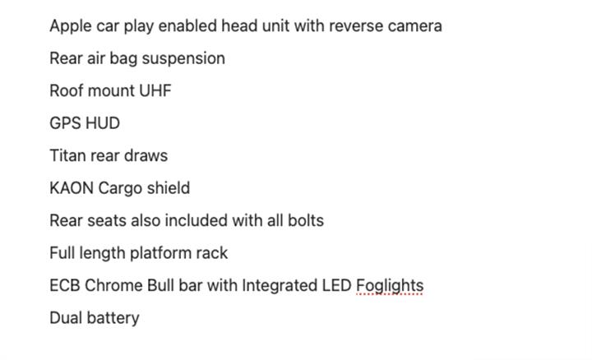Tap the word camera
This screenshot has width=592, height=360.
click(x=414, y=26)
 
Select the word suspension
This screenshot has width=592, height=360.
click(x=184, y=59)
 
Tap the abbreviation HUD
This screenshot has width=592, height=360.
click(x=103, y=123)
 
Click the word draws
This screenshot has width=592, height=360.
click(x=145, y=156)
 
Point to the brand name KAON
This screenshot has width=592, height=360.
click(x=72, y=188)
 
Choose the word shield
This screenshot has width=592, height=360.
click(x=168, y=188)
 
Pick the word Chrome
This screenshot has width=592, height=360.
click(x=113, y=286)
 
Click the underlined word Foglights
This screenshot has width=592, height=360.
click(x=390, y=286)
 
